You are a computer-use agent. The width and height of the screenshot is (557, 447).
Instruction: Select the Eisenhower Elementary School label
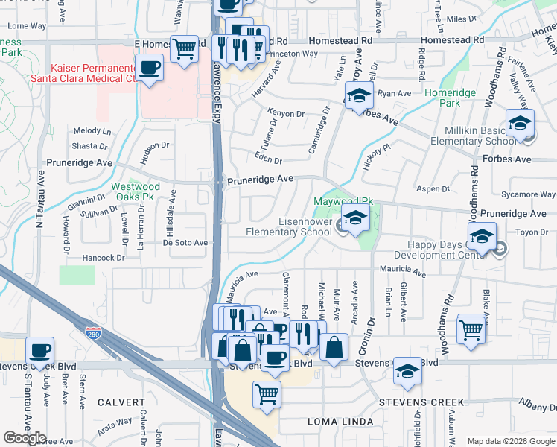(x=289, y=226)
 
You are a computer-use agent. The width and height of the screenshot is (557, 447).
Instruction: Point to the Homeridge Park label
(x=445, y=98)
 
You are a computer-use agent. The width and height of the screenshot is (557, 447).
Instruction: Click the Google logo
(x=25, y=438)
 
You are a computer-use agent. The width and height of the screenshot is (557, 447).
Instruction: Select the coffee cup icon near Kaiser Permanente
(x=150, y=68)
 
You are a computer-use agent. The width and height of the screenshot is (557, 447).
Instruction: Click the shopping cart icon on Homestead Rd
(x=185, y=48)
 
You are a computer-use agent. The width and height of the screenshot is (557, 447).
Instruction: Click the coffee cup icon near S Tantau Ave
(x=39, y=349)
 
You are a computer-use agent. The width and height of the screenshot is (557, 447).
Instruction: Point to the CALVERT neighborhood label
(x=120, y=402)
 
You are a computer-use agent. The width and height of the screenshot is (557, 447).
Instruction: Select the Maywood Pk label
(x=343, y=202)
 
